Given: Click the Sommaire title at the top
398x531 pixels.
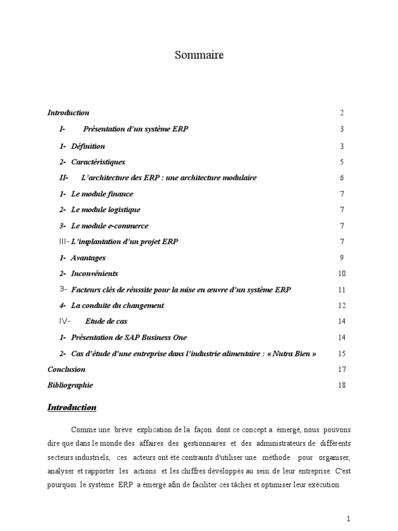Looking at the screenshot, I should [199, 55].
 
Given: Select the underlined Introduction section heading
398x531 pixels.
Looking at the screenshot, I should [72, 408].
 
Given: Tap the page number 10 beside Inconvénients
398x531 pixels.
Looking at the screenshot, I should [342, 274].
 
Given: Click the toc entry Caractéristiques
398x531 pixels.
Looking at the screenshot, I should [98, 162].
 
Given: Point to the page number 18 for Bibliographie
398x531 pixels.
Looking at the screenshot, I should [341, 385].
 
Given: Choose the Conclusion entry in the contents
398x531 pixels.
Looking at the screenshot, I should [66, 370].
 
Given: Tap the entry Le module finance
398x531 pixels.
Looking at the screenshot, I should [102, 194].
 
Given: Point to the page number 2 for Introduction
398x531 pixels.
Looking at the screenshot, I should [342, 113].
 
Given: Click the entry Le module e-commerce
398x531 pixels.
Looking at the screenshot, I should [109, 226].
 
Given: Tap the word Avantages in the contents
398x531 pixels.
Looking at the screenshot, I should [88, 258].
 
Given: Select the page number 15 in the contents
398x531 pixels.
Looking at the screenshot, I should [342, 354].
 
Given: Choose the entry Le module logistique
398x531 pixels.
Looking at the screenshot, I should [105, 209].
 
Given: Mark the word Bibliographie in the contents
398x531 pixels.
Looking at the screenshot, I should [70, 385].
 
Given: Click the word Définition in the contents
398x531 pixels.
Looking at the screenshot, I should [88, 146].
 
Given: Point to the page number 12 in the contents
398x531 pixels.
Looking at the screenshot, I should [342, 305].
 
